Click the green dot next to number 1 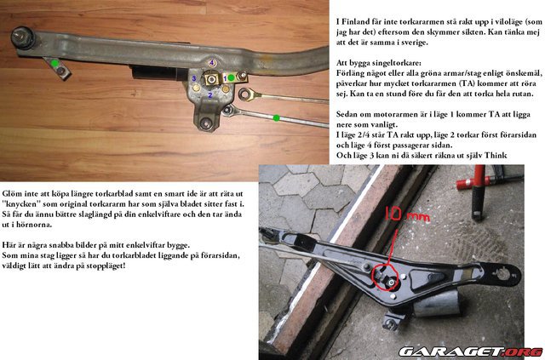coord(232,77)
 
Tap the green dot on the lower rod coord(277,116)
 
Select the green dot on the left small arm coord(54,64)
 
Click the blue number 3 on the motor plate coord(195,80)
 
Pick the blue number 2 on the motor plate coord(210,95)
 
